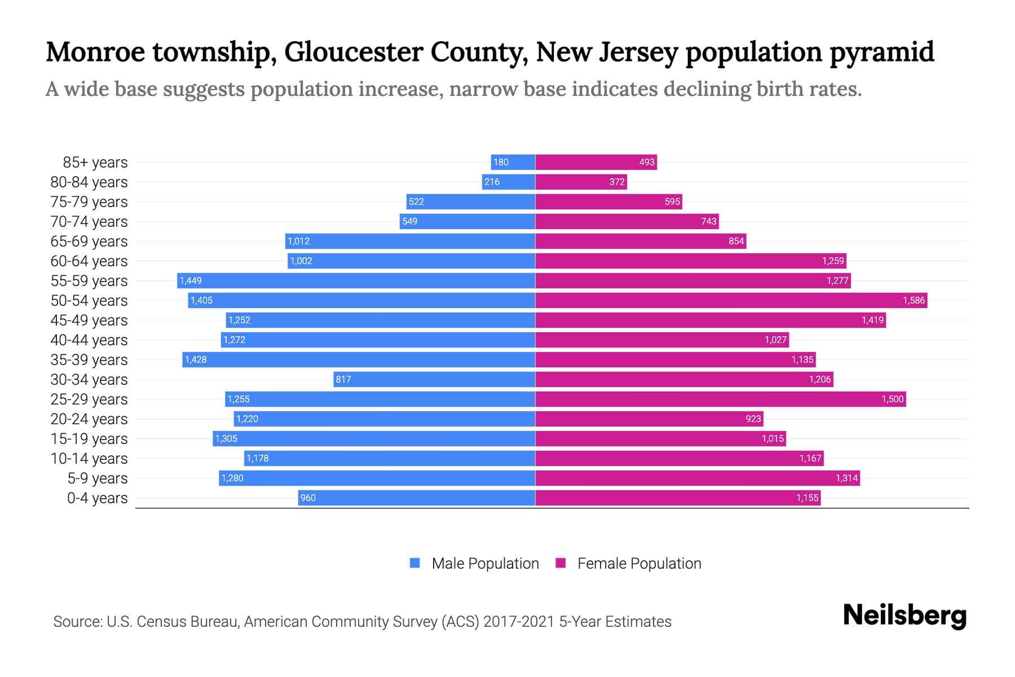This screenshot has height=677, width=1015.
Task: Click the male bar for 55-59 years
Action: [x=356, y=280]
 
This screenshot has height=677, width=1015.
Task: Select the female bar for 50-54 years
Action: [x=731, y=300]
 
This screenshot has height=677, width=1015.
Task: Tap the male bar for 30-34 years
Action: [x=434, y=379]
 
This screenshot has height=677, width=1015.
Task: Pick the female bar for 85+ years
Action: [x=596, y=162]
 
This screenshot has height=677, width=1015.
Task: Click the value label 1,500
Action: [x=892, y=399]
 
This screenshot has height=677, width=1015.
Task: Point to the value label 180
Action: [x=501, y=162]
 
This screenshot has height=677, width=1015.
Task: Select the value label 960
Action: [x=308, y=498]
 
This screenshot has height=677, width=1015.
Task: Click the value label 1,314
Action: [x=846, y=478]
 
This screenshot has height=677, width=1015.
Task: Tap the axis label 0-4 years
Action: [x=97, y=498]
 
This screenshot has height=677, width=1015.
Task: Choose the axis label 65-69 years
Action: [x=89, y=241]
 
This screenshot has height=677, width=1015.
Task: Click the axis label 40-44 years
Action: [x=89, y=340]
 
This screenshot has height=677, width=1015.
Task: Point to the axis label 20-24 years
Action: [x=89, y=419]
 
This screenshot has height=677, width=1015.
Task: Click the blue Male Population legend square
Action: [x=415, y=563]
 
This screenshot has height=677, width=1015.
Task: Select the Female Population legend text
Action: [x=639, y=563]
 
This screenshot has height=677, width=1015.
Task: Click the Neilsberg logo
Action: [x=904, y=616]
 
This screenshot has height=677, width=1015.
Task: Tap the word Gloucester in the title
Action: [x=354, y=52]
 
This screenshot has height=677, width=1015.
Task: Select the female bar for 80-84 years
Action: [x=581, y=182]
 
